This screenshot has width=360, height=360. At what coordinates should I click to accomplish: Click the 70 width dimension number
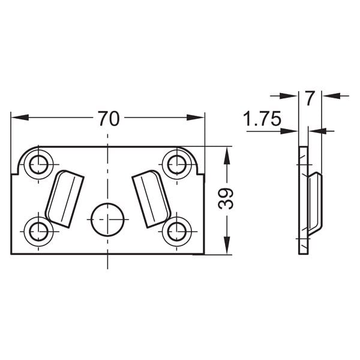(109, 118)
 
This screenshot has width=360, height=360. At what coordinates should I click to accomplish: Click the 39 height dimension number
(226, 199)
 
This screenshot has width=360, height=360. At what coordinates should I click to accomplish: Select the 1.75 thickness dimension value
(262, 118)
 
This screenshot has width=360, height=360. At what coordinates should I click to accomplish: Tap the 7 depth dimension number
(310, 98)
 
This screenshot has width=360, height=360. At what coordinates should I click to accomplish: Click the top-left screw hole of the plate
(38, 164)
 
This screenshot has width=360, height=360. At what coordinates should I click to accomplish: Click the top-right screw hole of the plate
(177, 164)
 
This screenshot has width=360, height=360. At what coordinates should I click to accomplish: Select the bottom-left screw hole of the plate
(38, 232)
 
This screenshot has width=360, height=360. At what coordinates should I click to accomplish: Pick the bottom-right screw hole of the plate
(177, 232)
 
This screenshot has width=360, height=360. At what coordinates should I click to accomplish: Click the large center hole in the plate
(107, 220)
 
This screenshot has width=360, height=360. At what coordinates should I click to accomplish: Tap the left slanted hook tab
(65, 199)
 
